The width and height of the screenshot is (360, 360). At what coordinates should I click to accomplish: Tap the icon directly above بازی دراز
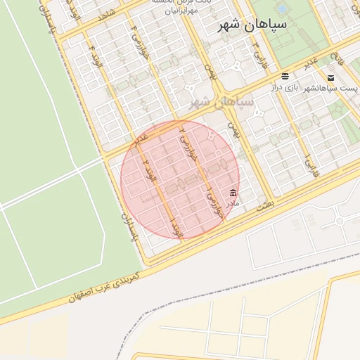(285, 76)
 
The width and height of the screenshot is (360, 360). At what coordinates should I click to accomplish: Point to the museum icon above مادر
(233, 193)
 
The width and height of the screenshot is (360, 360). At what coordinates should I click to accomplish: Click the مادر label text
(233, 203)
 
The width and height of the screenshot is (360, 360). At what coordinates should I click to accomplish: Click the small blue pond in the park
(282, 9)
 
